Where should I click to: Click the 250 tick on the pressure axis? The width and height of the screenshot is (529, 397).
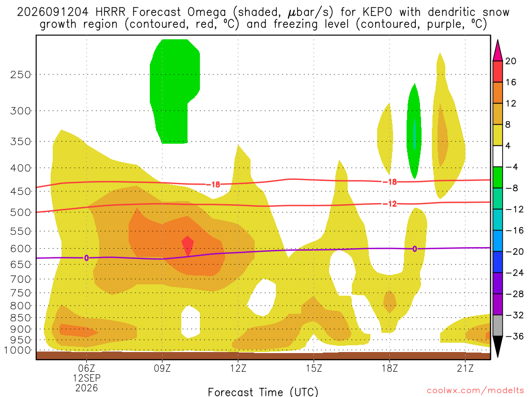point(21,74)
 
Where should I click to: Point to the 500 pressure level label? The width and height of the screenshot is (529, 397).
point(21,212)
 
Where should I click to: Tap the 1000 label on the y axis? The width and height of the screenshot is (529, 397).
point(18,350)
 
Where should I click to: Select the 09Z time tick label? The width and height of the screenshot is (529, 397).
point(162,368)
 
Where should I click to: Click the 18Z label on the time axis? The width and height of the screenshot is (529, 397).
point(390,368)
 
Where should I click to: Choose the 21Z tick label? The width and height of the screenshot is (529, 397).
point(465,368)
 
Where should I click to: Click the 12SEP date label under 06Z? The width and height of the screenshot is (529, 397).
point(87,378)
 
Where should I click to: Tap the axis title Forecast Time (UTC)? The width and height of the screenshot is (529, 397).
point(263,392)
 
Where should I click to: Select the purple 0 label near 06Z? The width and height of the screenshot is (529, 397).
point(87,258)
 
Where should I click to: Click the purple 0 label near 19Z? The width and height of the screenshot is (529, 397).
point(415,249)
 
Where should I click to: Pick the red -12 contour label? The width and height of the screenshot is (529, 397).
point(390,204)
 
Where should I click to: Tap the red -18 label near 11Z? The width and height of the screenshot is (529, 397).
point(213,185)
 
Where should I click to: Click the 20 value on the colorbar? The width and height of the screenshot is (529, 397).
point(511,61)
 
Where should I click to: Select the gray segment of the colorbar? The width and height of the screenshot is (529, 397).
point(497,326)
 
